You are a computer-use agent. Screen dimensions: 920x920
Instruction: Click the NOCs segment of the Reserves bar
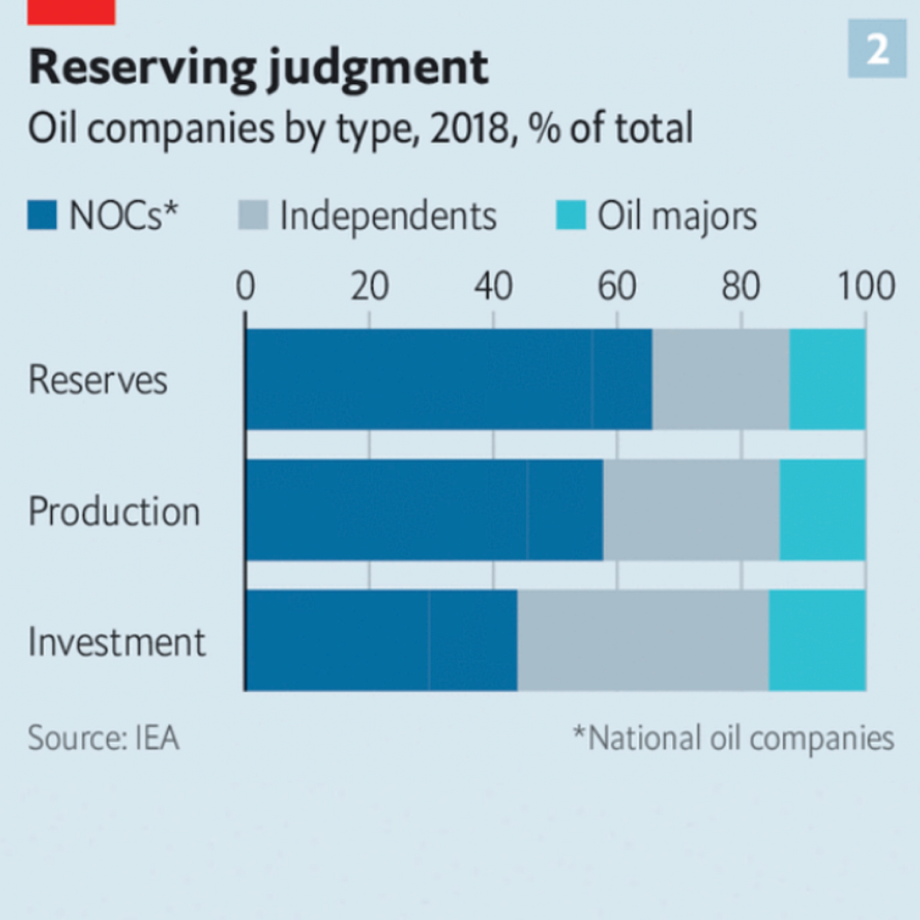[448, 379]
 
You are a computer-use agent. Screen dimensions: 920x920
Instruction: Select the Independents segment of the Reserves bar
[721, 379]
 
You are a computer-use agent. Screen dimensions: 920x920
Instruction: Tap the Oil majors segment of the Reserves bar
[827, 379]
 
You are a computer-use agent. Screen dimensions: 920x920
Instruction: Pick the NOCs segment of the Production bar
[424, 510]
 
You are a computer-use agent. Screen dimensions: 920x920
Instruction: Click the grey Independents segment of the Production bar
[691, 510]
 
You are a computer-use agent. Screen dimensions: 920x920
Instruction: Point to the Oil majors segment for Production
[823, 510]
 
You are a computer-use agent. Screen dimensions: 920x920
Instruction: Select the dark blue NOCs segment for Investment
[381, 641]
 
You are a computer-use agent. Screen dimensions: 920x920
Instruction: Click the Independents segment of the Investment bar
[643, 641]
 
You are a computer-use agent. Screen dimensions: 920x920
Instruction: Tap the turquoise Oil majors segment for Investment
[817, 641]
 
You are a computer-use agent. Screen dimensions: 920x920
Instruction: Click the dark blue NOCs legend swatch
[42, 215]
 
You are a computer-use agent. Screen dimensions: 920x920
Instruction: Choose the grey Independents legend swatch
[253, 215]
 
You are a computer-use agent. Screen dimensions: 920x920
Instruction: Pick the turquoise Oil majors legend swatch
[571, 215]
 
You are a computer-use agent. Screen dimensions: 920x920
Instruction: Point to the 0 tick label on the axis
[245, 286]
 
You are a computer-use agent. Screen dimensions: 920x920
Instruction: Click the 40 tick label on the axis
[493, 286]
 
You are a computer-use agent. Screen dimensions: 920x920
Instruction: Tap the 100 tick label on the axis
[866, 286]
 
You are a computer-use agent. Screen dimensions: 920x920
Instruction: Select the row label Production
[114, 511]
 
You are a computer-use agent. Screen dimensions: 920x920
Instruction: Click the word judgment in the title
[378, 69]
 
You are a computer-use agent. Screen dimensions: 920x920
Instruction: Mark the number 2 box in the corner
[877, 49]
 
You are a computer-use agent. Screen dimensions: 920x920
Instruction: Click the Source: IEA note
[103, 738]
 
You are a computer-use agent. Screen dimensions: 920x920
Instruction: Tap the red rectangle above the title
[71, 12]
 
